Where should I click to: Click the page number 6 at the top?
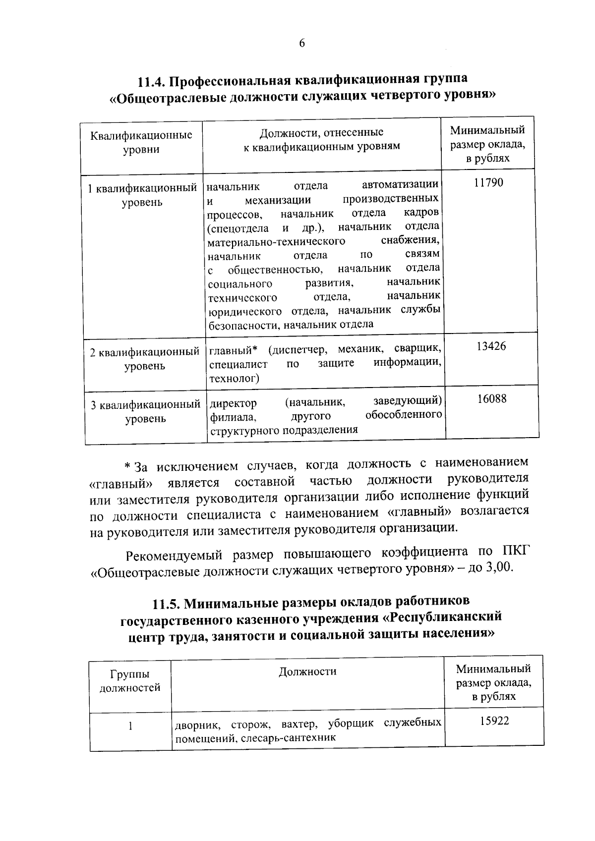click(x=301, y=44)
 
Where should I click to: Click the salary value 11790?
click(x=488, y=183)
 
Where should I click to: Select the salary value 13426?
click(x=491, y=346)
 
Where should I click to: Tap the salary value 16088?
click(x=492, y=399)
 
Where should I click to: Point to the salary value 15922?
click(x=494, y=721)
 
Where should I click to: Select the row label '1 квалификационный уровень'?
click(x=142, y=195)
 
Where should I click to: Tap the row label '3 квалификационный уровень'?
click(x=145, y=412)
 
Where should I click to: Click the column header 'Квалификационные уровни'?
click(x=141, y=142)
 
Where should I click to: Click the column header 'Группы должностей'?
click(x=130, y=681)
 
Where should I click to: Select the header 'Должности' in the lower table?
click(x=307, y=672)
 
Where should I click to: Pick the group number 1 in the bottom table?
click(x=130, y=726)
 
